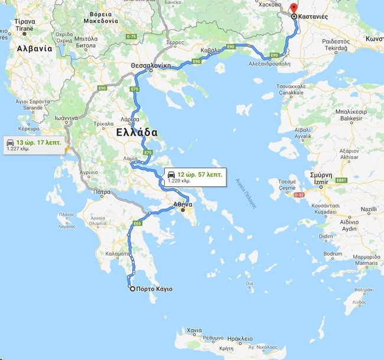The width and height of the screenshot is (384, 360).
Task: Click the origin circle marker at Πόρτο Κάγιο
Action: (x=132, y=289)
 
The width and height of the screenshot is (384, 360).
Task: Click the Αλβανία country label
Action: (x=34, y=48)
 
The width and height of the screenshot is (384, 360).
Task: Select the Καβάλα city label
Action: (x=211, y=50)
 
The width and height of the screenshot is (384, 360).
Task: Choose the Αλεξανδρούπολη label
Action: (x=270, y=63)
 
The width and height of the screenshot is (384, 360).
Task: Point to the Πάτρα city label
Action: (x=102, y=192)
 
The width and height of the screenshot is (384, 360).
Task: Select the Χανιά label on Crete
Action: (x=194, y=330)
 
